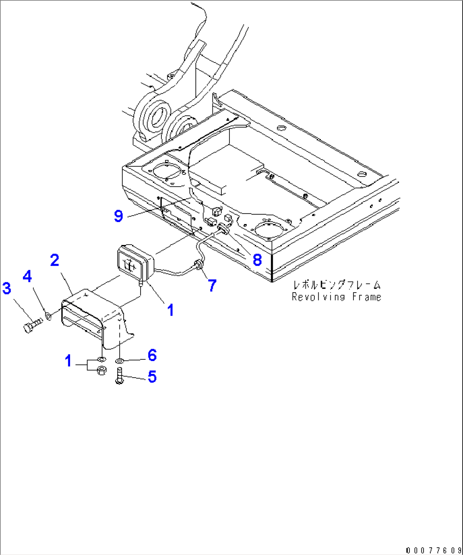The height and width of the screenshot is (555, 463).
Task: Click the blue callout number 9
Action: pos(119,216)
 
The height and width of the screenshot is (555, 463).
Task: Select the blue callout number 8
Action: pos(257,259)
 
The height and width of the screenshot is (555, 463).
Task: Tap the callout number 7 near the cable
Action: pos(212,285)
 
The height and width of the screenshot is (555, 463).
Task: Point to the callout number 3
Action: pos(7,288)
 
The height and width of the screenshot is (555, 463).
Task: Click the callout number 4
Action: pos(27,276)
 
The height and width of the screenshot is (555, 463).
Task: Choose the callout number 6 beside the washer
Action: pos(152,355)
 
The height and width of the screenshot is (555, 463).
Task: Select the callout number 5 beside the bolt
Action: pos(152,376)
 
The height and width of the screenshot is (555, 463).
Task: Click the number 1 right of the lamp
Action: pos(170,310)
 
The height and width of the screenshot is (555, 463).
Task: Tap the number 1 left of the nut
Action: pos(68,361)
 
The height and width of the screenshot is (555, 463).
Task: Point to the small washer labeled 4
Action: pos(48,316)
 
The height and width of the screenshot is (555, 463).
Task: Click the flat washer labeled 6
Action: pos(120,361)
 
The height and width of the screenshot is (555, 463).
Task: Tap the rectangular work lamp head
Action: pos(133,263)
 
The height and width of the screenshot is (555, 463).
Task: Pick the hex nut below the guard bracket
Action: pos(102,371)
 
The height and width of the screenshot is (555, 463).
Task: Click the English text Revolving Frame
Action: pos(336,297)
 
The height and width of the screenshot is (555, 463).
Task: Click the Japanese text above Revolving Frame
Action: pos(336,285)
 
